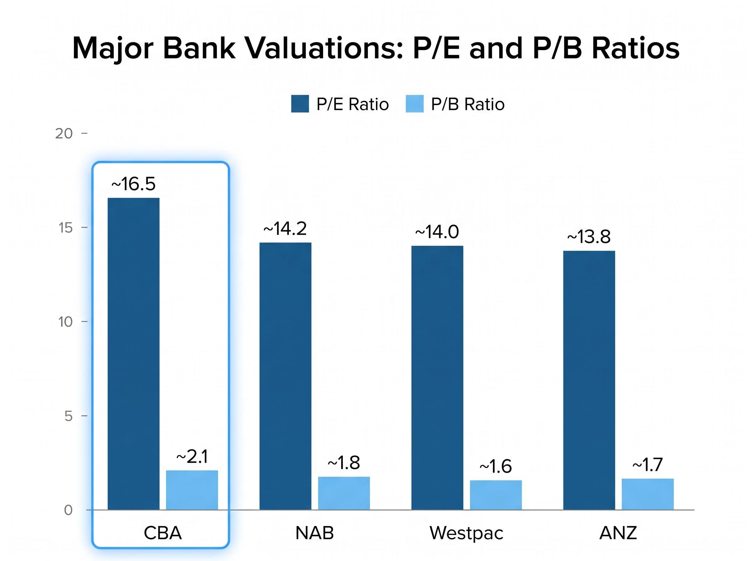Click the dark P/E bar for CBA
tap(133, 353)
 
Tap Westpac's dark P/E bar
tap(437, 377)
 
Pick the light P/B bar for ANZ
tap(647, 494)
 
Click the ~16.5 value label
tap(133, 184)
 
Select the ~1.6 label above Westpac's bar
tap(495, 466)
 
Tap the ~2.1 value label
tap(192, 457)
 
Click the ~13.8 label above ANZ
tap(588, 237)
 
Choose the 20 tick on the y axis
tap(64, 133)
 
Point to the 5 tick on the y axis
tap(68, 416)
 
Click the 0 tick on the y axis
tap(68, 510)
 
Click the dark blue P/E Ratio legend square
tap(300, 104)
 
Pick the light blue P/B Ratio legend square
tap(414, 104)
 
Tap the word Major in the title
tap(113, 49)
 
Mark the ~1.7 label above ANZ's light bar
tap(647, 465)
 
